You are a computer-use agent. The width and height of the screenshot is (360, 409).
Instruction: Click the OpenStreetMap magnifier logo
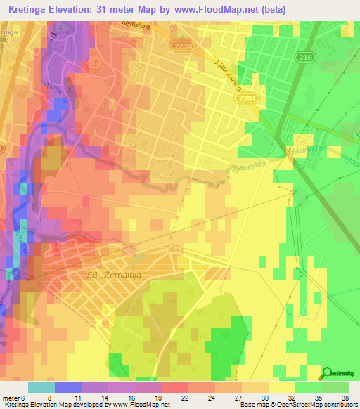tap(327, 374)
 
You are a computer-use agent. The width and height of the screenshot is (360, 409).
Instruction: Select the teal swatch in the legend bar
tap(41, 387)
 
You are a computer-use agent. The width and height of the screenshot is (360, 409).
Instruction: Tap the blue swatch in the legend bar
tap(67, 387)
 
